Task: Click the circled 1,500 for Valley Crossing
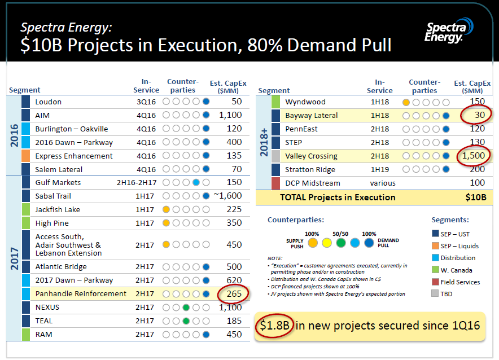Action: [x=473, y=156]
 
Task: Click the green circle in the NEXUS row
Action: [x=185, y=308]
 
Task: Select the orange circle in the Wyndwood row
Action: [x=406, y=102]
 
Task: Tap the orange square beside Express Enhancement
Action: [x=25, y=156]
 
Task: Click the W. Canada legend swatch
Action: [x=435, y=270]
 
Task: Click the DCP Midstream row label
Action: [x=312, y=183]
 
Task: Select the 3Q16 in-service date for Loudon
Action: [x=146, y=102]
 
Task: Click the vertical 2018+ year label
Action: [x=264, y=142]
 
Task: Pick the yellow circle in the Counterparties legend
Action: [x=326, y=243]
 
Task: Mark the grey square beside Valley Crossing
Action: [x=275, y=156]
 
